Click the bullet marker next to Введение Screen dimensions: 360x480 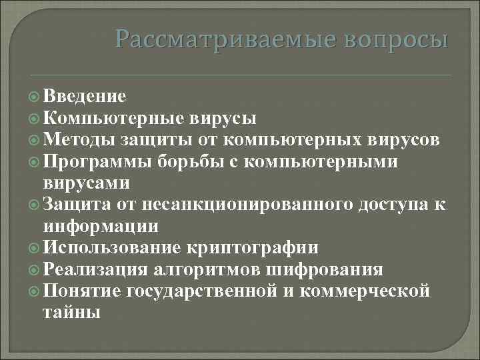[35, 97]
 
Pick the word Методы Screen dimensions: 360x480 [79, 140]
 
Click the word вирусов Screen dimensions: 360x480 [403, 140]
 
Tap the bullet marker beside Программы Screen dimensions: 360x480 [35, 161]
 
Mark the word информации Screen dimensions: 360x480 [101, 226]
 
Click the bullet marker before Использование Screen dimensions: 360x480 [35, 248]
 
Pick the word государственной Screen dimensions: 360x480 [201, 291]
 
